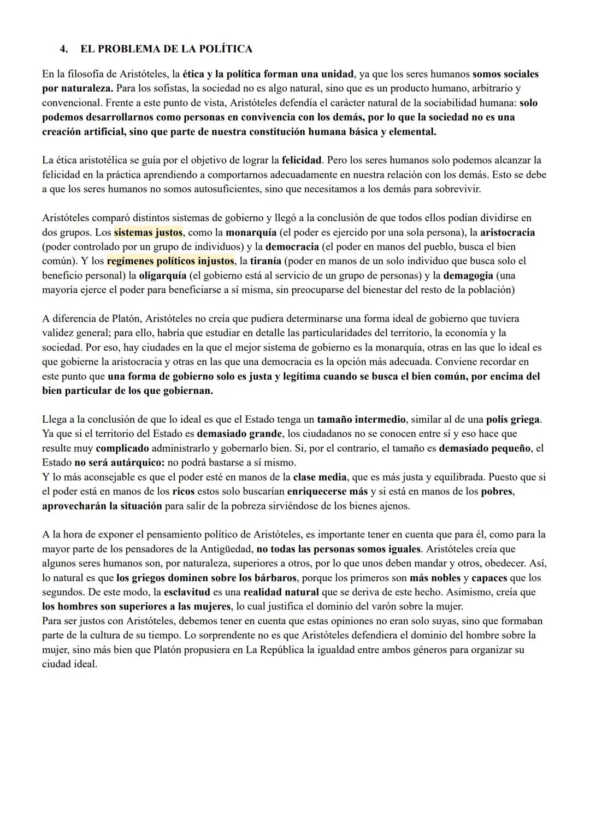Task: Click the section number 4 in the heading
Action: click(63, 49)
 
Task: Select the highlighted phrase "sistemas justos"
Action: click(148, 233)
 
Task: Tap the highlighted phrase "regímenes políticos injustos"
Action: click(170, 261)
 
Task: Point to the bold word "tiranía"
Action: click(265, 261)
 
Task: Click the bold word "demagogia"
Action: click(468, 275)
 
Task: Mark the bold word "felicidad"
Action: click(302, 161)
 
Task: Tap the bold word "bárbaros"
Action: click(275, 578)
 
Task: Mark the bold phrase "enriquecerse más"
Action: click(327, 491)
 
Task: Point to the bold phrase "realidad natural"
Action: click(280, 592)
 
